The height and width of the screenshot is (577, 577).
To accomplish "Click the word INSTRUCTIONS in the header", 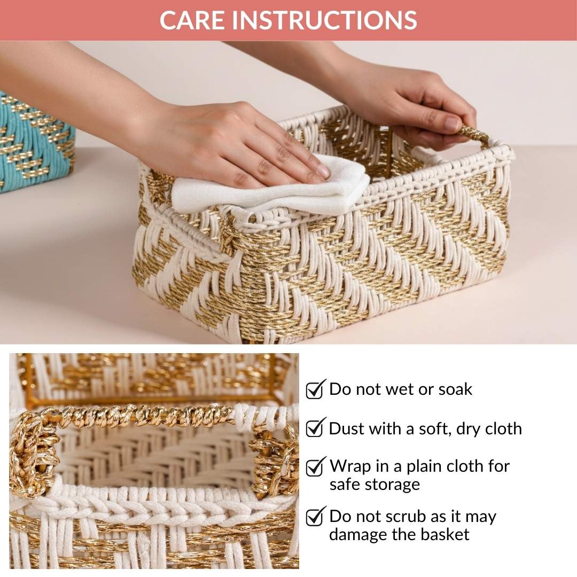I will click(x=325, y=20).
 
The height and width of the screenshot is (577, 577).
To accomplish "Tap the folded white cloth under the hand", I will click(x=272, y=187).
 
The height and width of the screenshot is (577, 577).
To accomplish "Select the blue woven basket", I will click(x=35, y=142).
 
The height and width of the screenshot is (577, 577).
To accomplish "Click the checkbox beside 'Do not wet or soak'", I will click(x=315, y=389).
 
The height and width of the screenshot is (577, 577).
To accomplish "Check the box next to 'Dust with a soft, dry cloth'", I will click(x=315, y=428).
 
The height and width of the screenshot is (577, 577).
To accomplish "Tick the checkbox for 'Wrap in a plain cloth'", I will click(x=315, y=466).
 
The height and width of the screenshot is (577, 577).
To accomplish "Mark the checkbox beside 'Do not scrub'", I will click(x=315, y=517).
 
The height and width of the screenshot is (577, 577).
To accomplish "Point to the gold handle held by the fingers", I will click(x=473, y=132).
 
